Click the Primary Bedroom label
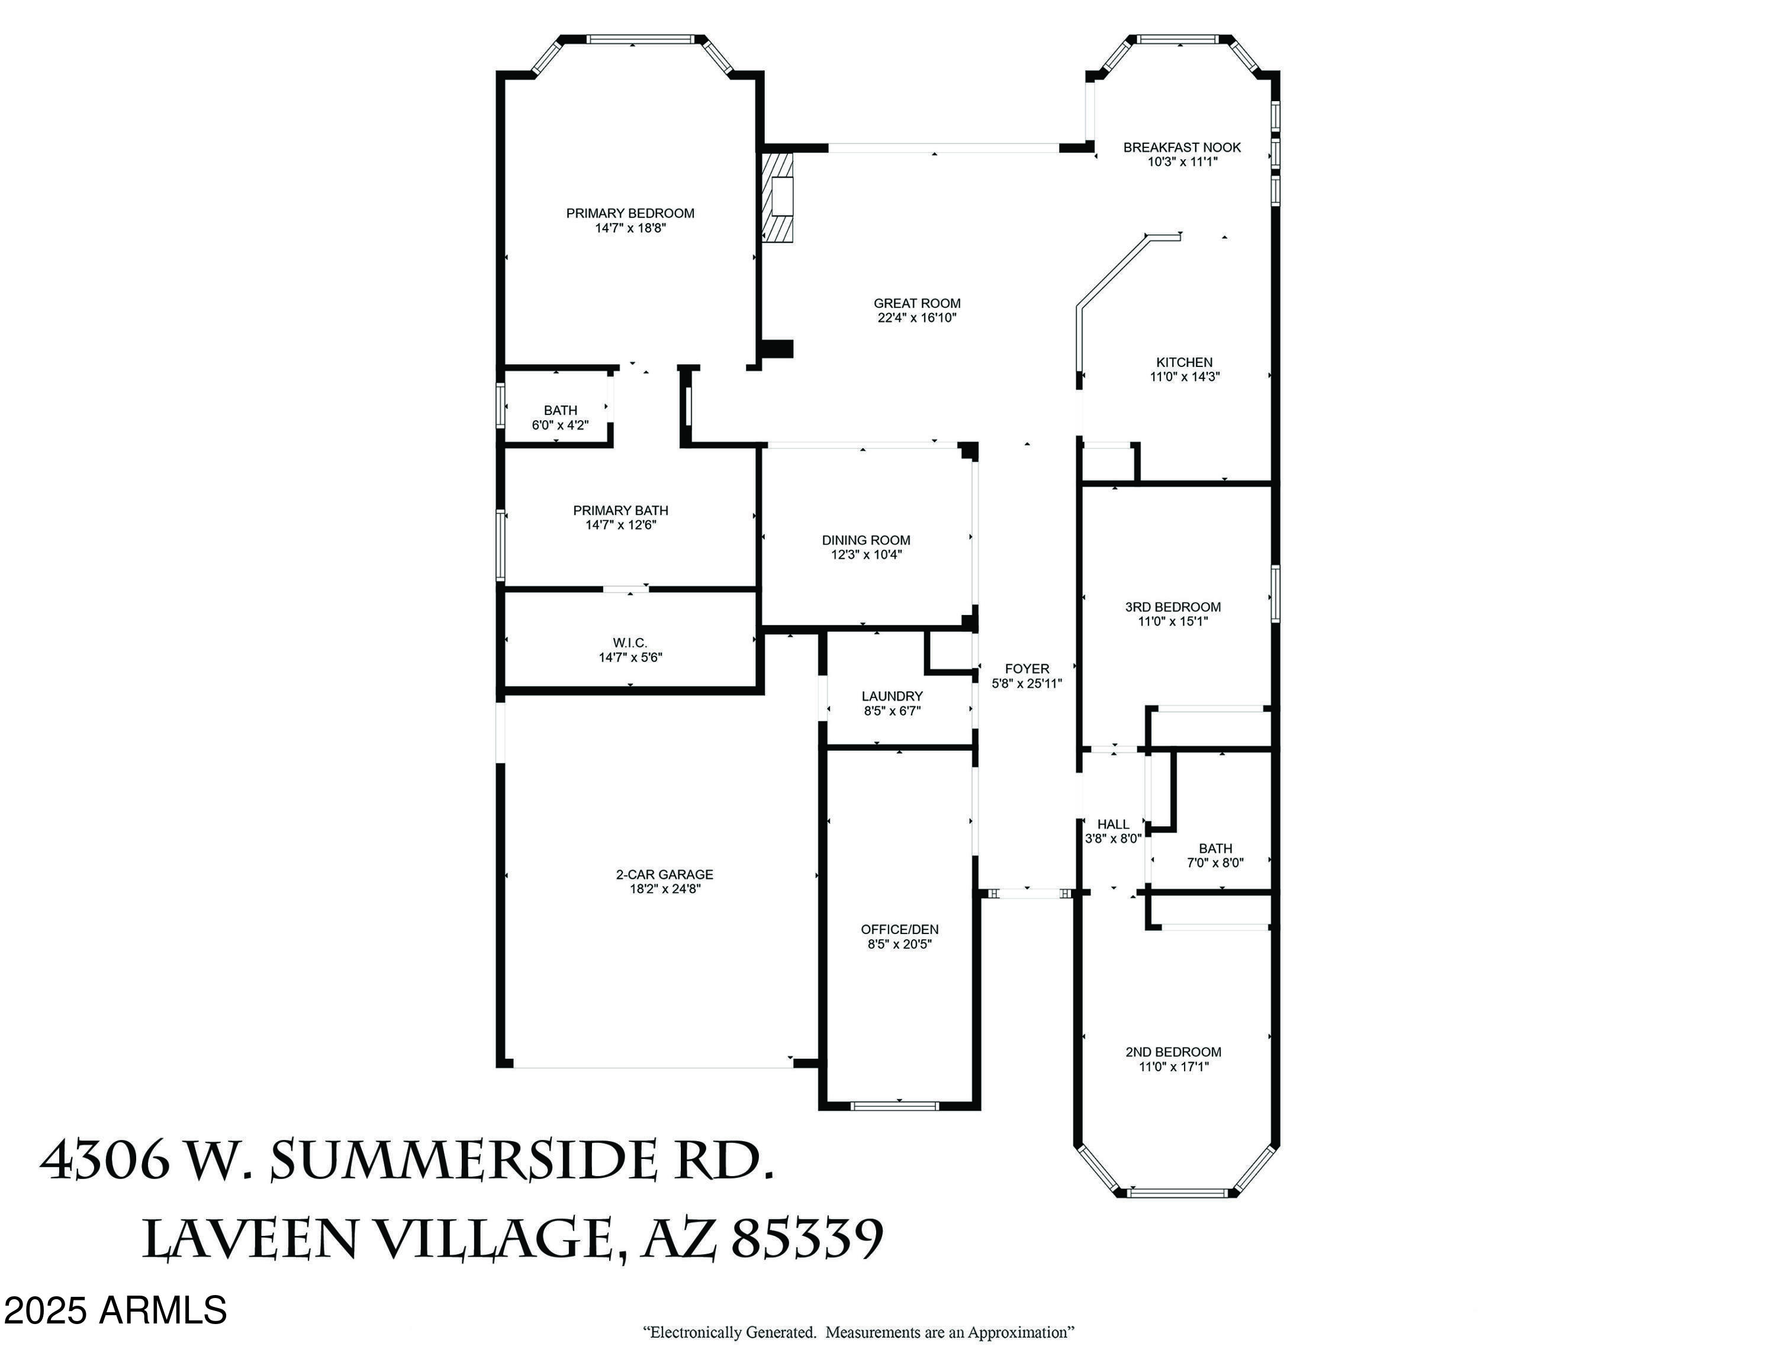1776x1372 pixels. pyautogui.click(x=630, y=213)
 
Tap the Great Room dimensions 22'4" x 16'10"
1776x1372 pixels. pyautogui.click(x=916, y=318)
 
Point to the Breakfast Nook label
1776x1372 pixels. pyautogui.click(x=1182, y=147)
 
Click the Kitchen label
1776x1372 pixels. pyautogui.click(x=1184, y=362)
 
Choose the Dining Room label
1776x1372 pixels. pyautogui.click(x=866, y=540)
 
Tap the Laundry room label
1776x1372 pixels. pyautogui.click(x=892, y=695)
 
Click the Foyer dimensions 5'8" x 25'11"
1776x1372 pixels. pyautogui.click(x=1027, y=684)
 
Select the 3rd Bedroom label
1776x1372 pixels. pyautogui.click(x=1173, y=606)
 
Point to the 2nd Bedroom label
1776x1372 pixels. pyautogui.click(x=1173, y=1052)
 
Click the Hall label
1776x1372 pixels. pyautogui.click(x=1112, y=824)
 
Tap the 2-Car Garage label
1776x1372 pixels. pyautogui.click(x=664, y=875)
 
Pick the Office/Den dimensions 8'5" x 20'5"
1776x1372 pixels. pyautogui.click(x=899, y=943)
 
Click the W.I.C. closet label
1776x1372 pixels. pyautogui.click(x=630, y=642)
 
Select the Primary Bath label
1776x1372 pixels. pyautogui.click(x=620, y=510)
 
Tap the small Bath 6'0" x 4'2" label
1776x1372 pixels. pyautogui.click(x=560, y=410)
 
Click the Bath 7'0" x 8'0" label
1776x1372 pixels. pyautogui.click(x=1215, y=849)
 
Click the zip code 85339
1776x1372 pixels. pyautogui.click(x=807, y=1239)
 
